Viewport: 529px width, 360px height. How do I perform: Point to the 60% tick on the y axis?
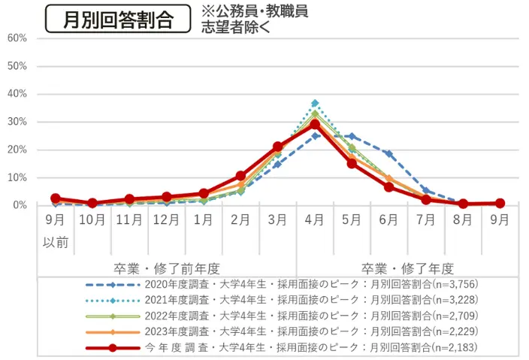click(x=18, y=38)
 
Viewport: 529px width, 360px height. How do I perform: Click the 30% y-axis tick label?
click(x=18, y=122)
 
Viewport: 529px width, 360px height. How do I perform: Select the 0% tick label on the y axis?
click(x=20, y=205)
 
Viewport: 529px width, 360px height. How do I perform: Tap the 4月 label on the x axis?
click(x=315, y=220)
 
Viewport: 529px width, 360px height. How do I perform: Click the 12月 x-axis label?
click(x=167, y=220)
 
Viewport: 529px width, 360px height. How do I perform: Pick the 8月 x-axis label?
click(x=463, y=220)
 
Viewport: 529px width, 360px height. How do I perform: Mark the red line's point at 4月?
click(x=315, y=124)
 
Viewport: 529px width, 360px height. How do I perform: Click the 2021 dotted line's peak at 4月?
click(x=315, y=103)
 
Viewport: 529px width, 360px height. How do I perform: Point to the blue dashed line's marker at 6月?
click(x=388, y=153)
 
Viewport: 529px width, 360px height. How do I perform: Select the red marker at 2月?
click(x=240, y=176)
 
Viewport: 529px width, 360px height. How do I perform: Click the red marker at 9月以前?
click(x=56, y=198)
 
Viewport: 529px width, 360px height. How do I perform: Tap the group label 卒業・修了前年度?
click(x=167, y=268)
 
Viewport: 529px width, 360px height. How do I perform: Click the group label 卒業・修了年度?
click(x=407, y=268)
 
